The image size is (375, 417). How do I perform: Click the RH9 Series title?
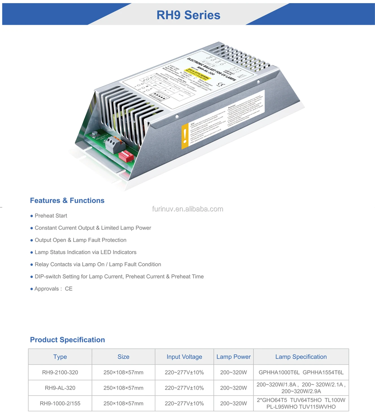pyautogui.click(x=188, y=15)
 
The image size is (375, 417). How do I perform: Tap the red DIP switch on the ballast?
pyautogui.click(x=126, y=156)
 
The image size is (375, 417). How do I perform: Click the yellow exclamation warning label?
pyautogui.click(x=185, y=136)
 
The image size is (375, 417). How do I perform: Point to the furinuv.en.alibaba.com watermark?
pyautogui.click(x=187, y=209)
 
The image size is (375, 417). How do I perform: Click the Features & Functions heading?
pyautogui.click(x=67, y=200)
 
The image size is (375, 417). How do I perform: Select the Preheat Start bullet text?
pyautogui.click(x=51, y=216)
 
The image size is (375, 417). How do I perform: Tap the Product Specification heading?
pyautogui.click(x=67, y=340)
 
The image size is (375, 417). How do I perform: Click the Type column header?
pyautogui.click(x=60, y=357)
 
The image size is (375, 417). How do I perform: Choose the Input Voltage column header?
pyautogui.click(x=184, y=357)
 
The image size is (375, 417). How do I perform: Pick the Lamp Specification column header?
pyautogui.click(x=301, y=357)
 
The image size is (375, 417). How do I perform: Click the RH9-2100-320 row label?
pyautogui.click(x=60, y=372)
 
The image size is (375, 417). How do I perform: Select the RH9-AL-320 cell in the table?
pyautogui.click(x=60, y=388)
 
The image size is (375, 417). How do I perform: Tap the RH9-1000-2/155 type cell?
pyautogui.click(x=60, y=403)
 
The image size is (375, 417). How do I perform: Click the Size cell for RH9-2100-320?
pyautogui.click(x=123, y=372)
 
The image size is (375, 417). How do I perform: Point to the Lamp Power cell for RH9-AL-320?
pyautogui.click(x=234, y=388)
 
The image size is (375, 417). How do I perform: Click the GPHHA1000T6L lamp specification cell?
pyautogui.click(x=301, y=372)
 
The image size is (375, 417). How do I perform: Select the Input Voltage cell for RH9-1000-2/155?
pyautogui.click(x=184, y=403)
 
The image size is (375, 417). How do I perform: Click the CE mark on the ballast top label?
pyautogui.click(x=222, y=85)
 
